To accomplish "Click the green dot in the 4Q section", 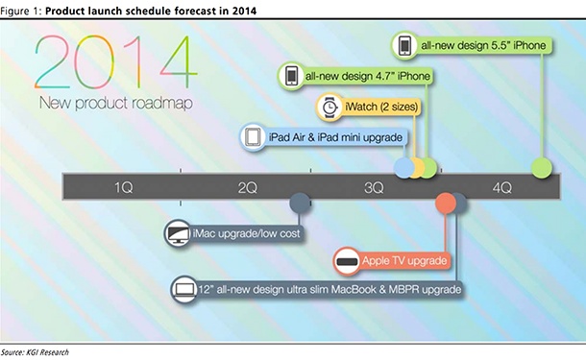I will [542, 169].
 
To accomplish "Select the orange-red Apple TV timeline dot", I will [446, 204].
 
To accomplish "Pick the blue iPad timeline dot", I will [404, 169].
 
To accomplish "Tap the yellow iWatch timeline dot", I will [416, 169].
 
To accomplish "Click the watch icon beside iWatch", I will [330, 108].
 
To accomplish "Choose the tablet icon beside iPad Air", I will [253, 138].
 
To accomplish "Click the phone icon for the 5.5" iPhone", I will [405, 44].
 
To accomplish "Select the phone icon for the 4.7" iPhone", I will [291, 76].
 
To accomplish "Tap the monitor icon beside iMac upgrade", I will [178, 232].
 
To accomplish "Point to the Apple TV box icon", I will [347, 261].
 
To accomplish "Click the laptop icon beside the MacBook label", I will [183, 289].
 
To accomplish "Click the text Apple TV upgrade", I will [404, 261].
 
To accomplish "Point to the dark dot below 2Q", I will [300, 204].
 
